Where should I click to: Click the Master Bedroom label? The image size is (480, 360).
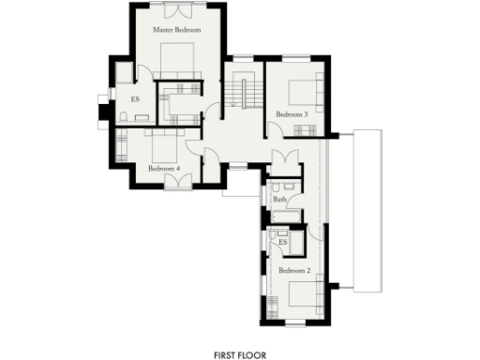(x=177, y=31)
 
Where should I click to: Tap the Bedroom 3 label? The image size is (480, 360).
(x=291, y=114)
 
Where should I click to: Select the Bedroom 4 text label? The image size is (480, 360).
(x=164, y=169)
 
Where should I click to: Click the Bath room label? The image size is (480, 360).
(x=279, y=200)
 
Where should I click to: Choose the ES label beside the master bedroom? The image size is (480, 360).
(x=135, y=98)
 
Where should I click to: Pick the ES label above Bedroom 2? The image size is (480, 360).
(x=282, y=243)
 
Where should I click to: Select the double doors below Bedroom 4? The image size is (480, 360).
(x=177, y=181)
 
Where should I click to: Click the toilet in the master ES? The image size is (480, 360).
(x=124, y=114)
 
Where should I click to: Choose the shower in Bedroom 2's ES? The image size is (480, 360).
(x=296, y=242)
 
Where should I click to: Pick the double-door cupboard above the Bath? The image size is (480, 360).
(x=282, y=157)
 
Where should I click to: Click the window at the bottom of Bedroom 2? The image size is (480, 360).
(x=294, y=324)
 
